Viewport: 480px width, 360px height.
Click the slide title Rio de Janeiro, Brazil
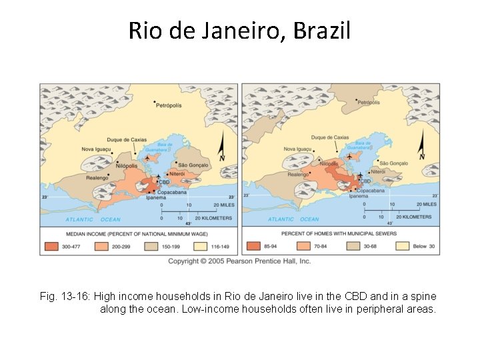click(x=239, y=31)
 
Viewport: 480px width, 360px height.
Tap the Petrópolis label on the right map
click(x=369, y=102)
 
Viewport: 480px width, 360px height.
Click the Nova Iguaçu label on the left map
click(x=96, y=149)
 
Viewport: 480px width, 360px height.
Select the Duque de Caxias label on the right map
click(x=329, y=137)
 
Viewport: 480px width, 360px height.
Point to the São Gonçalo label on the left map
click(x=193, y=165)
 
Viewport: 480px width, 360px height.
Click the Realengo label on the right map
click(x=298, y=175)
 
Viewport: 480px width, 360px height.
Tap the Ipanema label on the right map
click(x=358, y=196)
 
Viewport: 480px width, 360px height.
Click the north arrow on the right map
click(x=421, y=147)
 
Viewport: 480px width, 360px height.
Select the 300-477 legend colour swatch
click(x=53, y=246)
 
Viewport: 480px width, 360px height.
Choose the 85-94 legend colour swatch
click(x=253, y=246)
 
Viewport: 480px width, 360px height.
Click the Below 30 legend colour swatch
click(x=402, y=246)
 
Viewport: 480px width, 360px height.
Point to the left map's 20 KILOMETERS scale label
click(x=213, y=218)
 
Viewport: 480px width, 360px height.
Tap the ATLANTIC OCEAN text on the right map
click(x=293, y=219)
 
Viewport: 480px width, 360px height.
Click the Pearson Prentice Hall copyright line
click(x=239, y=261)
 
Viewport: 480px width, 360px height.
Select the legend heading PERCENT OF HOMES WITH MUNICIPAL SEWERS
click(x=339, y=233)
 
